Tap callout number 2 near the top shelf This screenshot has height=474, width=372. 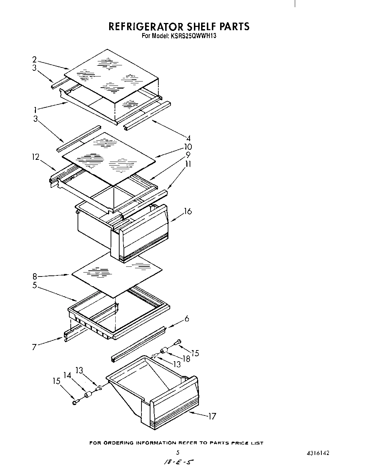pyautogui.click(x=34, y=60)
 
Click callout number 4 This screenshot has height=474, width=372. pyautogui.click(x=187, y=138)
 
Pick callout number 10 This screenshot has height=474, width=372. pyautogui.click(x=187, y=147)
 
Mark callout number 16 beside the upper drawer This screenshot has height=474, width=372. pyautogui.click(x=188, y=211)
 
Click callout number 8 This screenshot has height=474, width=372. pyautogui.click(x=35, y=276)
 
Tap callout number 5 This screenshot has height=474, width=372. pyautogui.click(x=35, y=286)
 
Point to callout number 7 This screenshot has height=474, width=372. pyautogui.click(x=34, y=347)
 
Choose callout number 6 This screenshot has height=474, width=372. pyautogui.click(x=187, y=319)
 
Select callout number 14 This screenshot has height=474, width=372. pyautogui.click(x=67, y=375)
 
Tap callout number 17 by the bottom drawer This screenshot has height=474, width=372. pyautogui.click(x=212, y=417)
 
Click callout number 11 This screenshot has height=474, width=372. pyautogui.click(x=187, y=164)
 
